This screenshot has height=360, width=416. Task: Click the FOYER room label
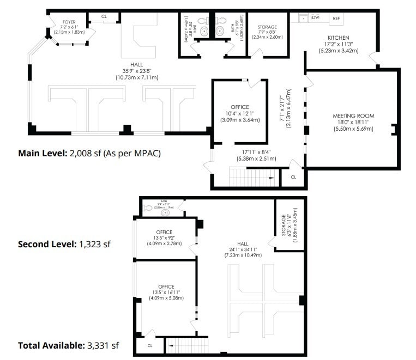tap(69, 22)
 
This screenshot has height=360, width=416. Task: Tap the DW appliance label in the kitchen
tap(315, 18)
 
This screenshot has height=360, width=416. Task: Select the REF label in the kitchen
tap(337, 18)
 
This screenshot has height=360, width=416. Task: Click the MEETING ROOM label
tap(353, 116)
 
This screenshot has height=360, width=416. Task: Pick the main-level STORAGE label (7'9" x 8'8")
tap(267, 27)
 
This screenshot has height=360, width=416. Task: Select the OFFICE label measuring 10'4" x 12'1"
tap(239, 107)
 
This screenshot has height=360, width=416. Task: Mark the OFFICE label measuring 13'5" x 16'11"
tap(166, 286)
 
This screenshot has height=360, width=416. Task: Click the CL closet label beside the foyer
tap(104, 17)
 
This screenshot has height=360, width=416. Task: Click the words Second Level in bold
tap(47, 245)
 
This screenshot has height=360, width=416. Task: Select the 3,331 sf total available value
tap(102, 345)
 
